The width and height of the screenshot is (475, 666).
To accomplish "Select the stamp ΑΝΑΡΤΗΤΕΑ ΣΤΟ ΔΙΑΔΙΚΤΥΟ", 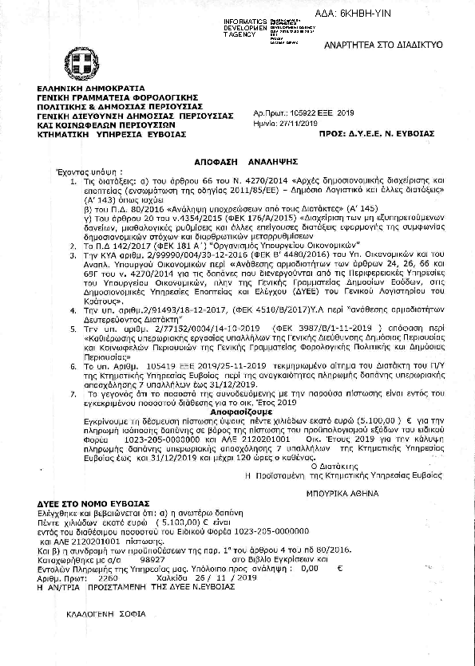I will coord(390,48).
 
